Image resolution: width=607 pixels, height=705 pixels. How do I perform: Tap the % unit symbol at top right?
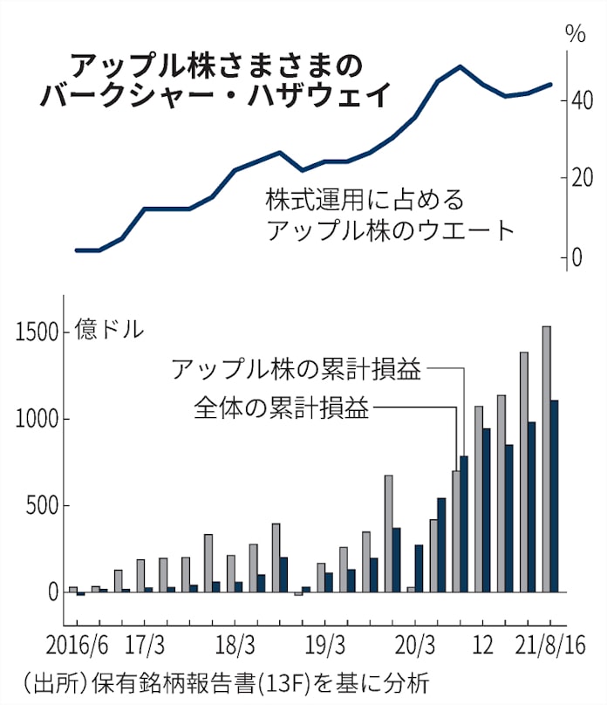tap(575, 35)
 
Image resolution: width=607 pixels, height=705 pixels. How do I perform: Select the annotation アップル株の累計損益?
tap(297, 368)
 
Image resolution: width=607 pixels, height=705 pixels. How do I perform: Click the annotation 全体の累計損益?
tap(281, 407)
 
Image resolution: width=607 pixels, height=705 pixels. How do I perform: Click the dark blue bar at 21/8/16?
tap(555, 497)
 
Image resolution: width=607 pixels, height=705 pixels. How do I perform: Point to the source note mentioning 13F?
tap(222, 681)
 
